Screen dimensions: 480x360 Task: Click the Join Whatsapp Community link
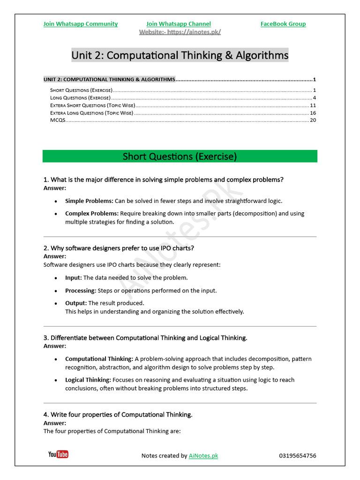point(80,24)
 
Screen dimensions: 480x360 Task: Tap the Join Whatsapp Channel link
point(178,24)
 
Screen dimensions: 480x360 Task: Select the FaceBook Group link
point(283,24)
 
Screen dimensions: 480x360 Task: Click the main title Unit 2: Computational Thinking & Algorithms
point(180,55)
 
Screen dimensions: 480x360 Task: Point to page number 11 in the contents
point(313,105)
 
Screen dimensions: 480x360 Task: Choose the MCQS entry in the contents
point(58,120)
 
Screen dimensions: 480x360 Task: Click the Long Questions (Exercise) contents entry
point(80,98)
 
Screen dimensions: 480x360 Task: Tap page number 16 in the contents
point(313,113)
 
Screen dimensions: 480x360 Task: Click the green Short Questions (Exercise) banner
point(180,156)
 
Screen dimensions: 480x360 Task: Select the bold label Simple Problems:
point(89,201)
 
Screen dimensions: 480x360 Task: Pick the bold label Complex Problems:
point(92,213)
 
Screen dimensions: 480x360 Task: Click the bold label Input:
point(74,278)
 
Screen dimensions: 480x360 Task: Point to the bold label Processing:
point(81,291)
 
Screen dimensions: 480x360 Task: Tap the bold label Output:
point(76,303)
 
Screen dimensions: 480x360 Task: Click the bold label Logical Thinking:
point(88,380)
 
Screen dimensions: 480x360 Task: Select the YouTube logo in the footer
point(58,454)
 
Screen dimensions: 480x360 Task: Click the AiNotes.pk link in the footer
point(203,456)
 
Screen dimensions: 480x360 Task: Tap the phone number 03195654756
point(298,456)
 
